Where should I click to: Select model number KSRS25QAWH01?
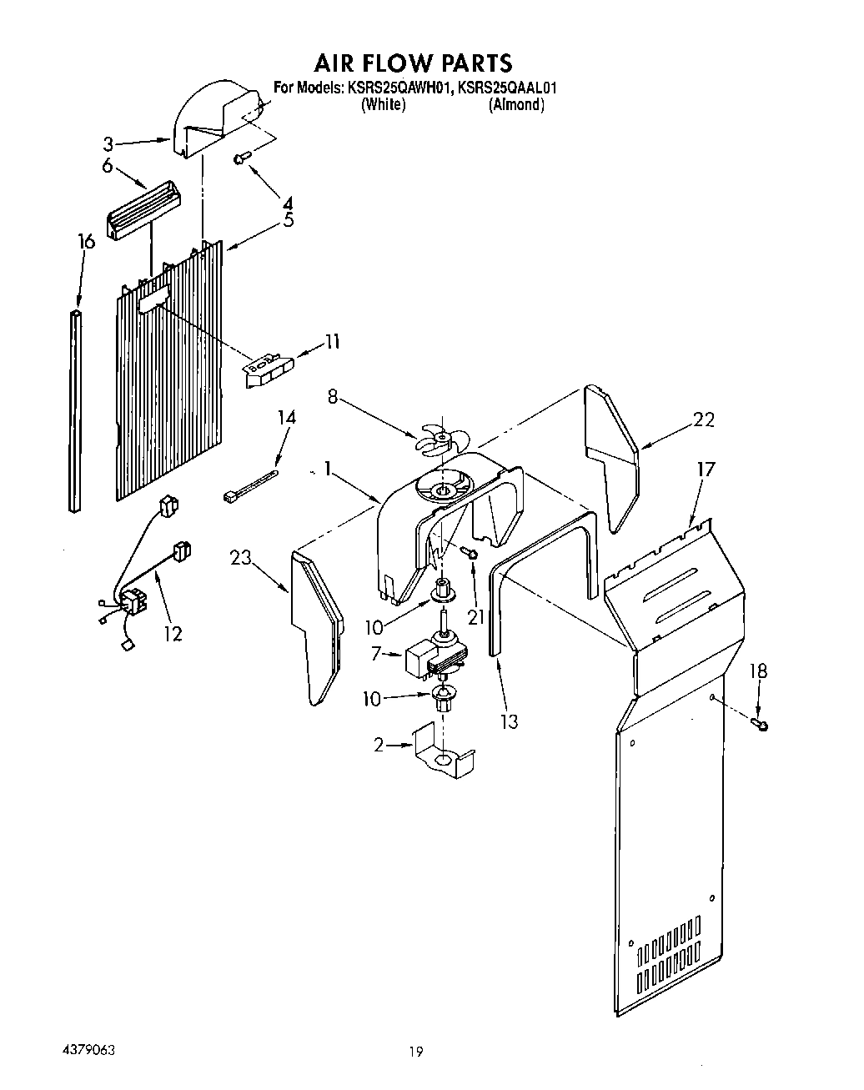pos(396,87)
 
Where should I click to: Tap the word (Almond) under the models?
pos(516,105)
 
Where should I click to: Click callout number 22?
pos(704,420)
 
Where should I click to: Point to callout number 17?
pos(706,470)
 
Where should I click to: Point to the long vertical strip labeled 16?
pos(77,409)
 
